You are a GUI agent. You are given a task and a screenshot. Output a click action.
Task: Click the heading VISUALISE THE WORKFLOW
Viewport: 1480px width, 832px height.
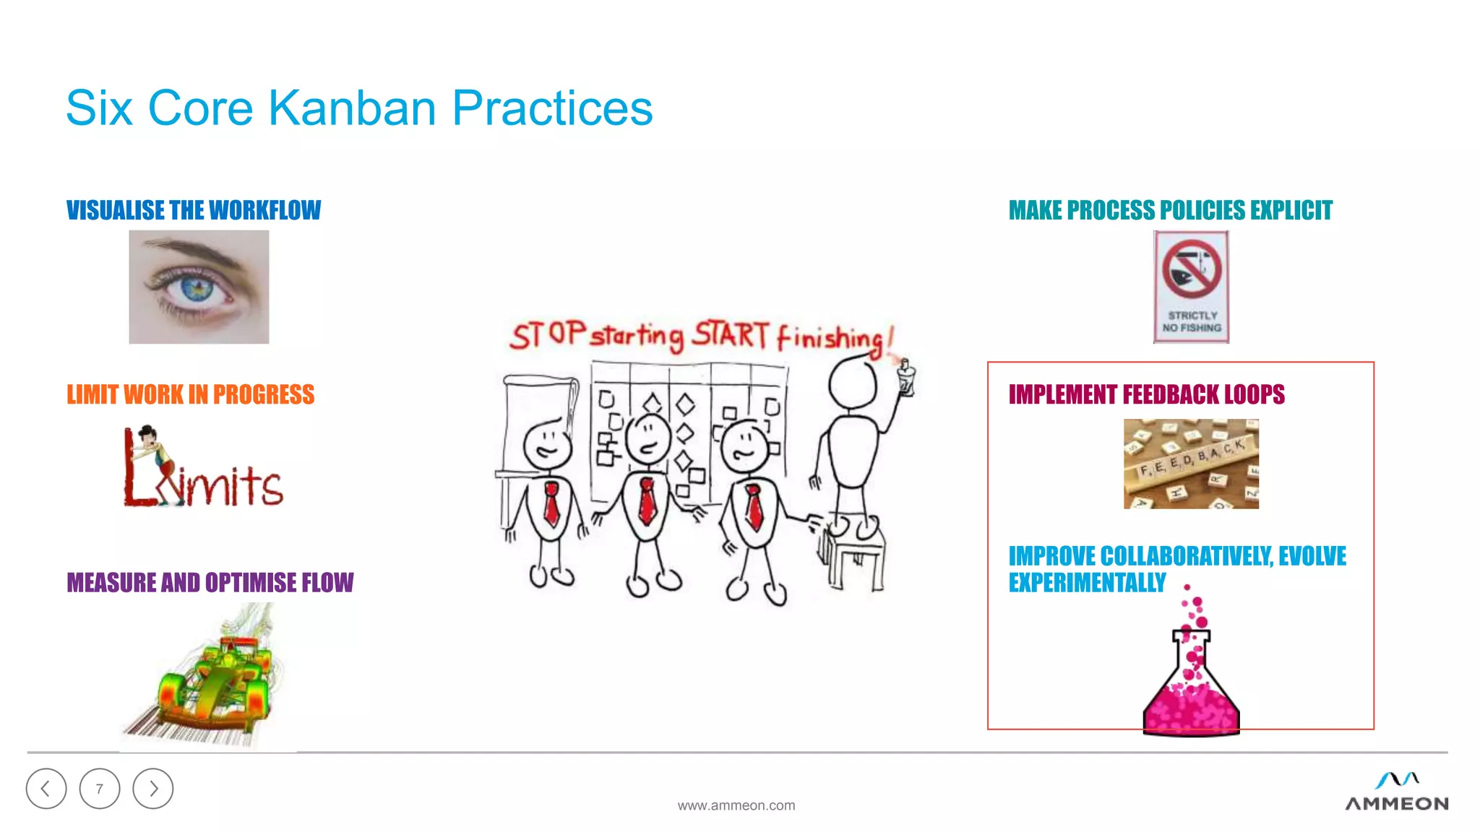193,210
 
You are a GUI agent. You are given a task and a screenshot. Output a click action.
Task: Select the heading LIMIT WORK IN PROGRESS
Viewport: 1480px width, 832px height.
190,394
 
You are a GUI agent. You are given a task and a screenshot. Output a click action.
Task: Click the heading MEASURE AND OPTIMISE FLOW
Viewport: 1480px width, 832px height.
210,582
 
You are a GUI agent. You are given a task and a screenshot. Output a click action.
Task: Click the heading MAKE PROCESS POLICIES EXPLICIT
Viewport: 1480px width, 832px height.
1170,210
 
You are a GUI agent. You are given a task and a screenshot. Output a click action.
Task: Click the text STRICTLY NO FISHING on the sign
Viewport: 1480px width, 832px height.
1192,321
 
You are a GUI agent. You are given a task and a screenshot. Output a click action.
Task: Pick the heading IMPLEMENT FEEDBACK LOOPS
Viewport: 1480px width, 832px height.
1146,394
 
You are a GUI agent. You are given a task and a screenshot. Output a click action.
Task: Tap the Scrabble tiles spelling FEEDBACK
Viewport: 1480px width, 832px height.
1190,463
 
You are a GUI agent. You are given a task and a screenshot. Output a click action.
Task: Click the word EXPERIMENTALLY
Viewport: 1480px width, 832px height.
1087,582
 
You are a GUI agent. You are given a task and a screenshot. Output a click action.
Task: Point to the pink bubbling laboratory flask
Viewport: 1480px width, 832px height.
1191,686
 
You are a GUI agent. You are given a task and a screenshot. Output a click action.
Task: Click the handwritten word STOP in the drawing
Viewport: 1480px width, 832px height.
547,335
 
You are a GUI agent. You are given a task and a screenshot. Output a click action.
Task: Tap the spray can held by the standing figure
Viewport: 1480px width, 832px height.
905,377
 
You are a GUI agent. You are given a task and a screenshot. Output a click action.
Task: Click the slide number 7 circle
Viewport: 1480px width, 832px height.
100,789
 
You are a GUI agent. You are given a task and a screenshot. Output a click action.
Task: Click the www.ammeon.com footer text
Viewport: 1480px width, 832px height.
736,805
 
